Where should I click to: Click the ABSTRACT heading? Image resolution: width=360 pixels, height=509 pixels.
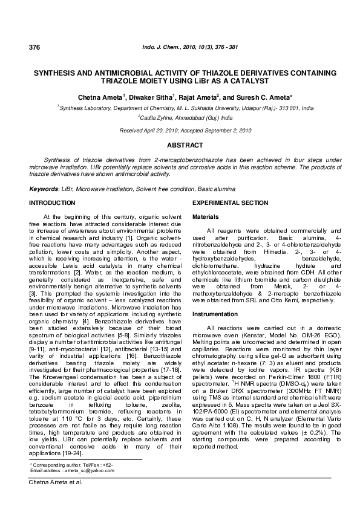[x=180, y=146]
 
